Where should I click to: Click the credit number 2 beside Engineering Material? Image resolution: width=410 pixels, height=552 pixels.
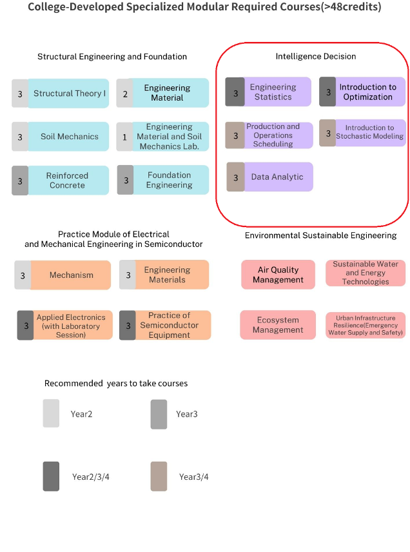point(125,94)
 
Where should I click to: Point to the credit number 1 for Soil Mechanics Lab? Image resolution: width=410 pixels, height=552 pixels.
point(124,137)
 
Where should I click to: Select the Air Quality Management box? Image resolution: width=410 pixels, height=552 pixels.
point(278,275)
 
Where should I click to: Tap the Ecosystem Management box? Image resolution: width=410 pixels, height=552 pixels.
point(278,325)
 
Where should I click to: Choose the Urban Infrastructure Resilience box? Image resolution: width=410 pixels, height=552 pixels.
point(366,325)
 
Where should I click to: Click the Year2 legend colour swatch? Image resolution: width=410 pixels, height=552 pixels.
point(51,413)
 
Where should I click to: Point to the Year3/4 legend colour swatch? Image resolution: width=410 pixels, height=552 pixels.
point(159,477)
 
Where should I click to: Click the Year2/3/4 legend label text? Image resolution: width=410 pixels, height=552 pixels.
point(91,477)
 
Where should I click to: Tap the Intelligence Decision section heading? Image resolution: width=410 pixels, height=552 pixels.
point(316,56)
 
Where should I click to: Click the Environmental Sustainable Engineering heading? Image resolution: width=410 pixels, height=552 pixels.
point(320,235)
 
